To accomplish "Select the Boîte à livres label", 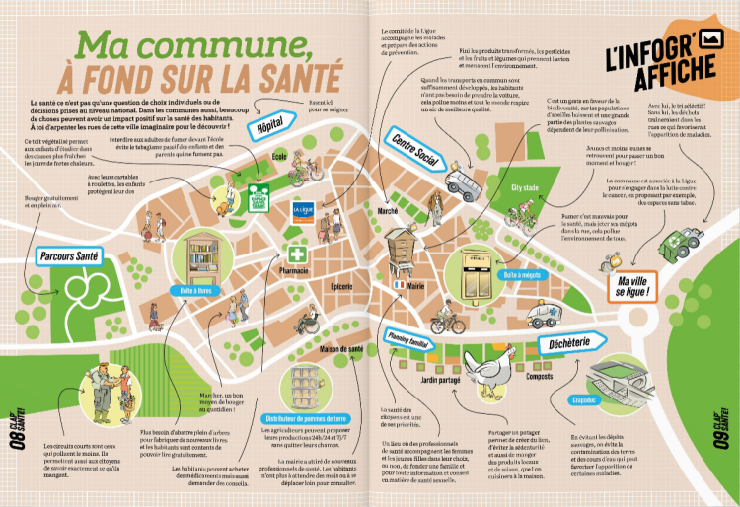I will coord(195,292).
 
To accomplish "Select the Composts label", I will coord(540,377).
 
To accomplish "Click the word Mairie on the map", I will coord(416,286).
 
